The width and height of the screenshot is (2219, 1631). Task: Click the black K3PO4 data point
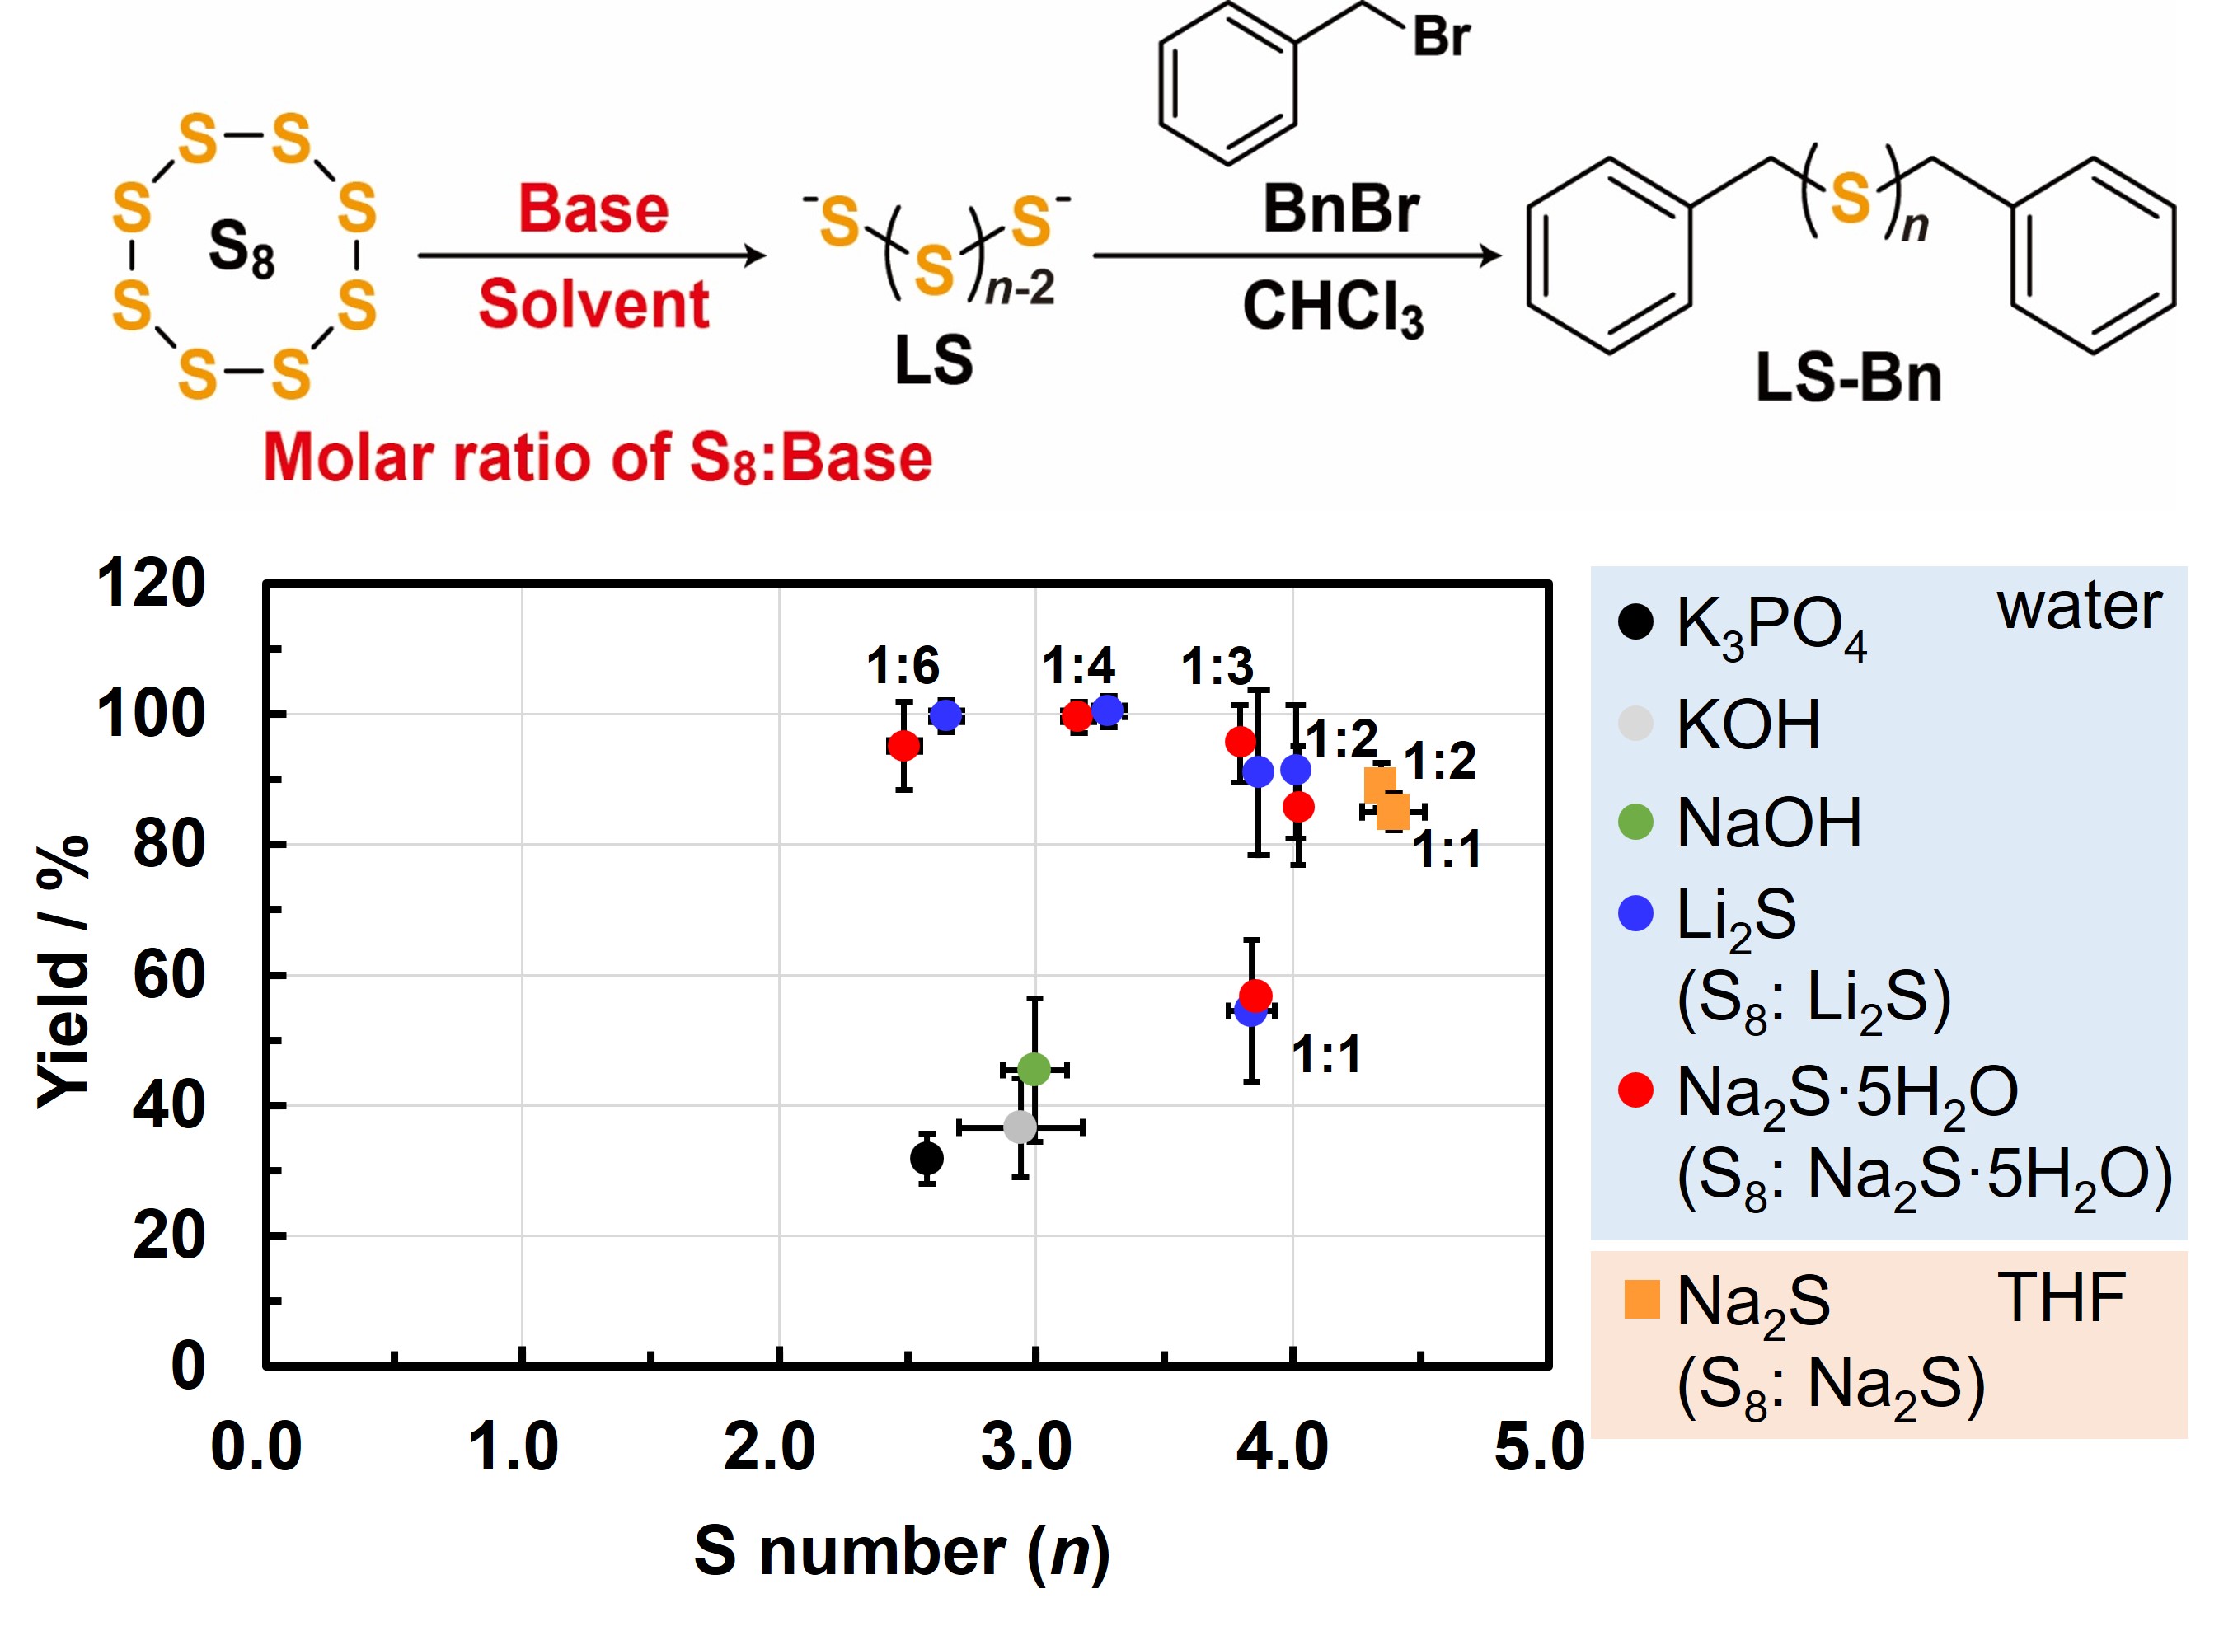[x=927, y=1158]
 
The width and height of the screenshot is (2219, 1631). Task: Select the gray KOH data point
[x=1020, y=1127]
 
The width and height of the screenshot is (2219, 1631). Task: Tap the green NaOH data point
[x=1034, y=1068]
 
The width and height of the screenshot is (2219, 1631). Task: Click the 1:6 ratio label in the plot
[x=903, y=667]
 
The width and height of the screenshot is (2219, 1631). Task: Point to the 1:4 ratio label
[x=1078, y=667]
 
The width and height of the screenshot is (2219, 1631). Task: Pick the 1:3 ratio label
[x=1217, y=668]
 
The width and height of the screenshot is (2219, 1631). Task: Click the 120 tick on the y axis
[x=151, y=584]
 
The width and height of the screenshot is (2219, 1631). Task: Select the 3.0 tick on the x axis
[x=1026, y=1447]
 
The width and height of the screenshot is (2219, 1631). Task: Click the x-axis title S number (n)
[x=902, y=1551]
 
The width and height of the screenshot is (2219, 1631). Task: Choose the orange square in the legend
[x=1641, y=1299]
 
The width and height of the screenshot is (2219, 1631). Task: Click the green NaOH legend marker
[x=1635, y=822]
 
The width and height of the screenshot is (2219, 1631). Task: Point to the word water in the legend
[x=2079, y=607]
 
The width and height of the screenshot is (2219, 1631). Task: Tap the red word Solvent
[x=593, y=304]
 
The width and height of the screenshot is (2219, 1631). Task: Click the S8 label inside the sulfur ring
[x=241, y=248]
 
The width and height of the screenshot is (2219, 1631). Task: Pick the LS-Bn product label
[x=1848, y=378]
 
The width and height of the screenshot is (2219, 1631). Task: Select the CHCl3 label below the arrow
[x=1332, y=308]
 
